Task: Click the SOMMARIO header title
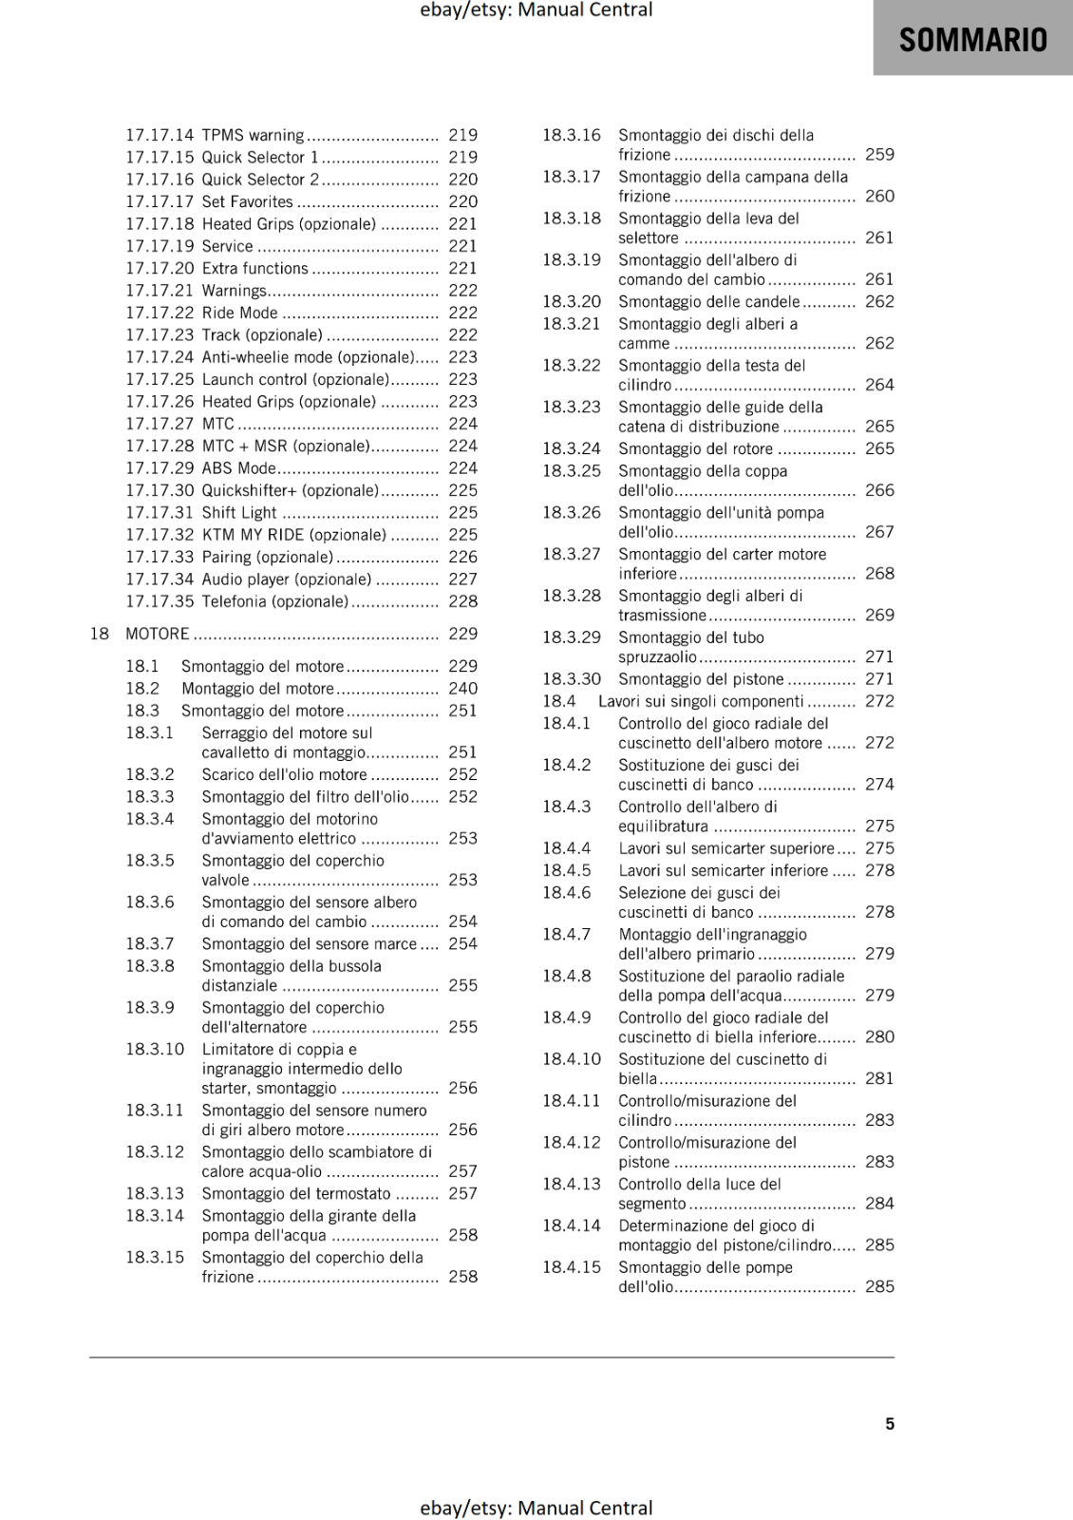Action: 972,39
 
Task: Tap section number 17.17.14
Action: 159,135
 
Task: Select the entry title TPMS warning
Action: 253,135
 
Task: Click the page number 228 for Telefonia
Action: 462,601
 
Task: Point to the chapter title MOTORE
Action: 158,634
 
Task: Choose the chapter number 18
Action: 99,634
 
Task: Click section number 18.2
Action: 142,688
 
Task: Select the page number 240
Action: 462,688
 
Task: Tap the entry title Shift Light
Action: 239,512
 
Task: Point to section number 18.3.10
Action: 155,1049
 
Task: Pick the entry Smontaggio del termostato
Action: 295,1193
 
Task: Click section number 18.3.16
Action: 572,135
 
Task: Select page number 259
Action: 879,154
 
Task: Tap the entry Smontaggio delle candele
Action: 708,301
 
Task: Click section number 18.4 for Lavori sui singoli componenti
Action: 559,701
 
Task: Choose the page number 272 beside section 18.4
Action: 879,701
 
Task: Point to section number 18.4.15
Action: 572,1266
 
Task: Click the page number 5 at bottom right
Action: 890,1423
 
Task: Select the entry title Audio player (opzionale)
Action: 286,579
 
